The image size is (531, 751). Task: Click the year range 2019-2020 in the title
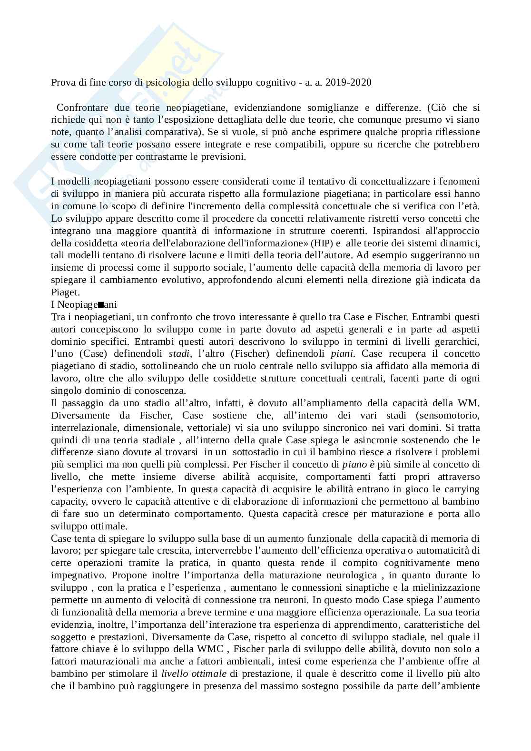coord(349,82)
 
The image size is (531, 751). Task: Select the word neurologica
coord(353,575)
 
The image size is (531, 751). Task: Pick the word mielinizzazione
coord(446,587)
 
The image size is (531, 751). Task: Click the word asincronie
coord(350,439)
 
